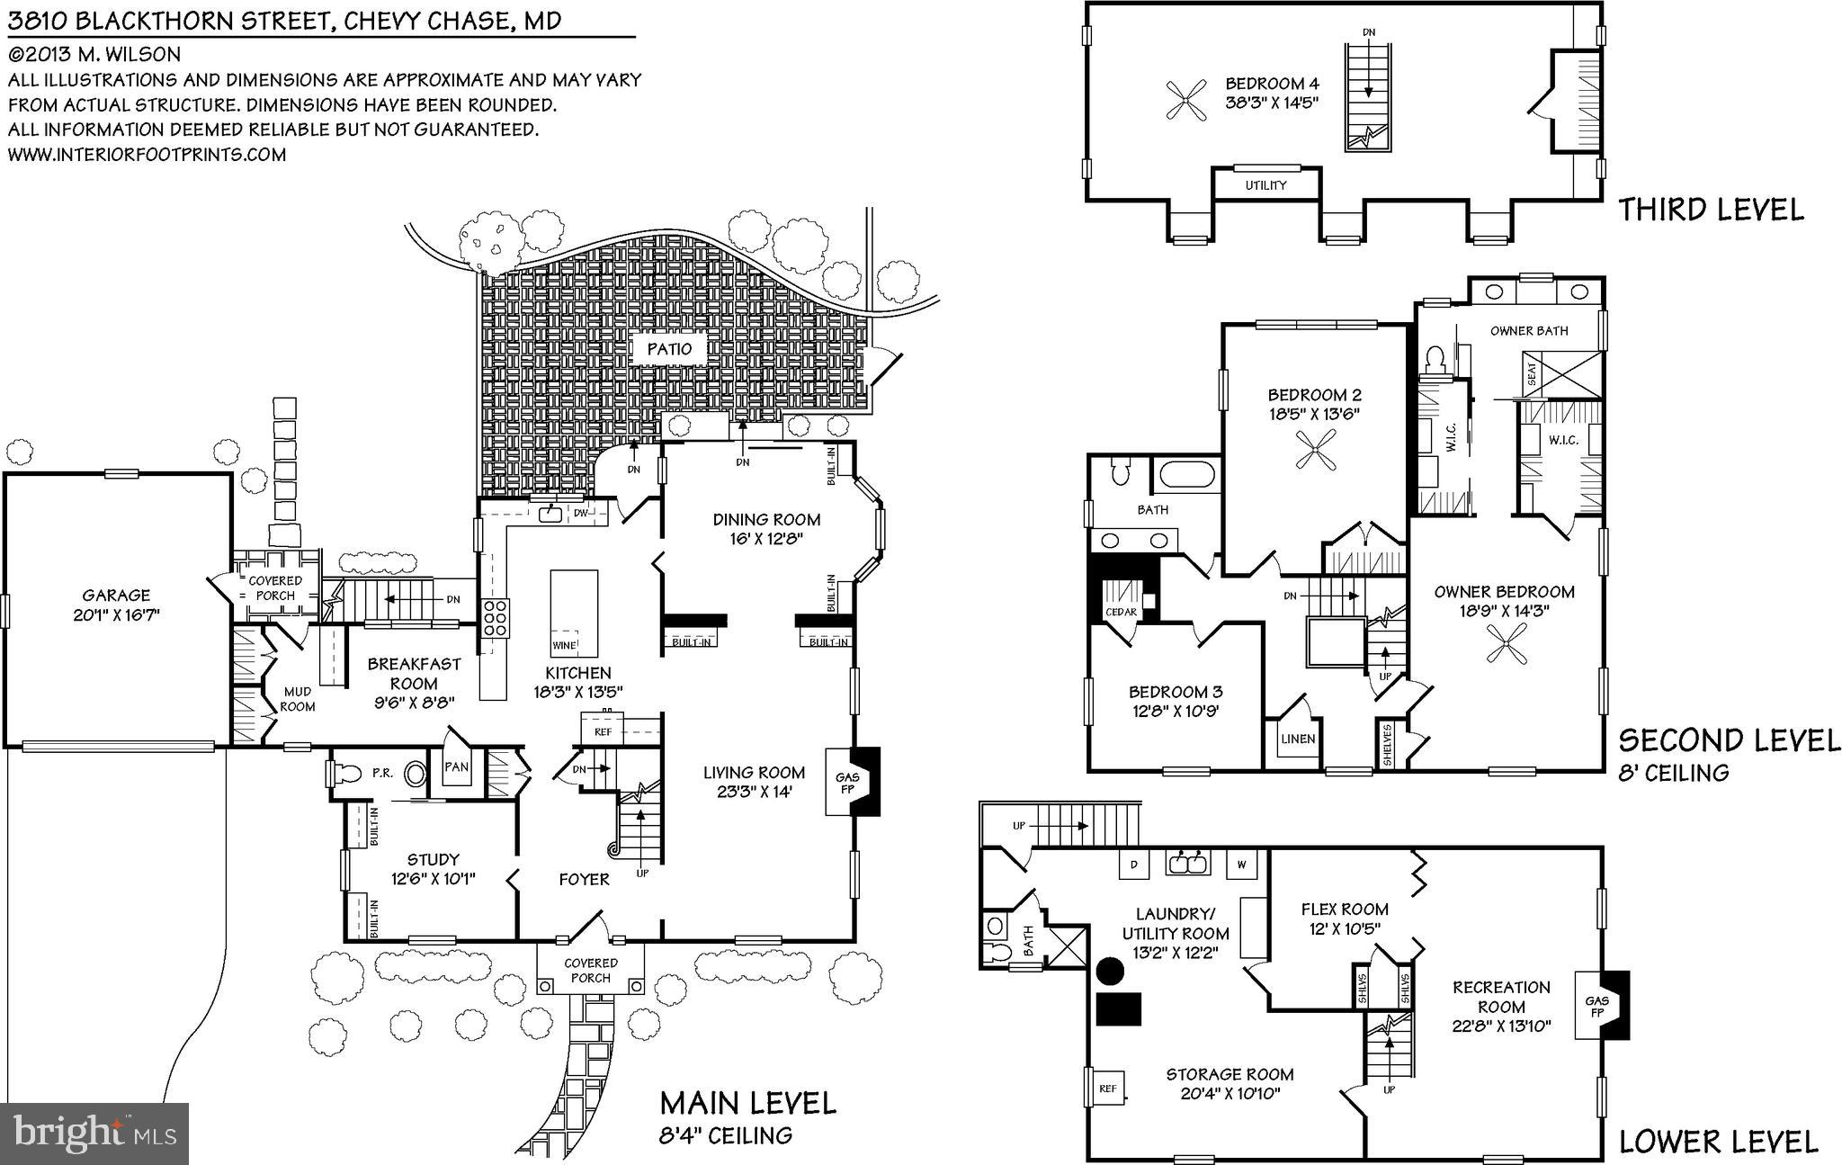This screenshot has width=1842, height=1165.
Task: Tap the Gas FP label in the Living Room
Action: click(x=847, y=783)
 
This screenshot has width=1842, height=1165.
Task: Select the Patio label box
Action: click(x=669, y=349)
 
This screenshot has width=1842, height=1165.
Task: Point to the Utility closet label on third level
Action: click(x=1265, y=185)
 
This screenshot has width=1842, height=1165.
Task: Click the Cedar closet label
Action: click(x=1121, y=612)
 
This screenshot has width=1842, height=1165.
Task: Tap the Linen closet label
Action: click(x=1297, y=739)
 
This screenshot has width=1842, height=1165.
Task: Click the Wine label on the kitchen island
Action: click(x=564, y=645)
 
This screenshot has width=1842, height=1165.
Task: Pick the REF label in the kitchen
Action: click(x=603, y=732)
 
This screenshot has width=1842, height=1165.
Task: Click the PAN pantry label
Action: click(x=457, y=767)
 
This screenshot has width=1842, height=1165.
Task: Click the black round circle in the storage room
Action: click(x=1110, y=971)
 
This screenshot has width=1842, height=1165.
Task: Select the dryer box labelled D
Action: click(x=1134, y=865)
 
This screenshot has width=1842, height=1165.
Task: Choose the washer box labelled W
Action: click(x=1241, y=865)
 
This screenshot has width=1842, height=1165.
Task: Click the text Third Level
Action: click(x=1711, y=210)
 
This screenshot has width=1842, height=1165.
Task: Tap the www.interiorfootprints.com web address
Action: click(x=148, y=154)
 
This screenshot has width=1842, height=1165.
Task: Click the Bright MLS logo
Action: click(x=94, y=1133)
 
